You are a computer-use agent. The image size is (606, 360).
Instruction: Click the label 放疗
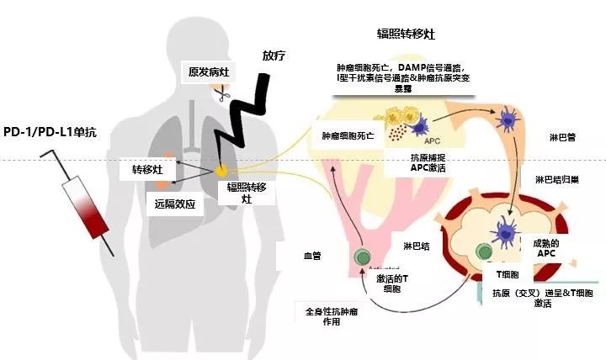(x=274, y=56)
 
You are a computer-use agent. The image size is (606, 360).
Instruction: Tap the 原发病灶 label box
(x=207, y=72)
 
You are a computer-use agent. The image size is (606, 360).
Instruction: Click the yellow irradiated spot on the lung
(x=221, y=171)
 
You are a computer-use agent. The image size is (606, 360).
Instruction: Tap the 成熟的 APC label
(x=546, y=246)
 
